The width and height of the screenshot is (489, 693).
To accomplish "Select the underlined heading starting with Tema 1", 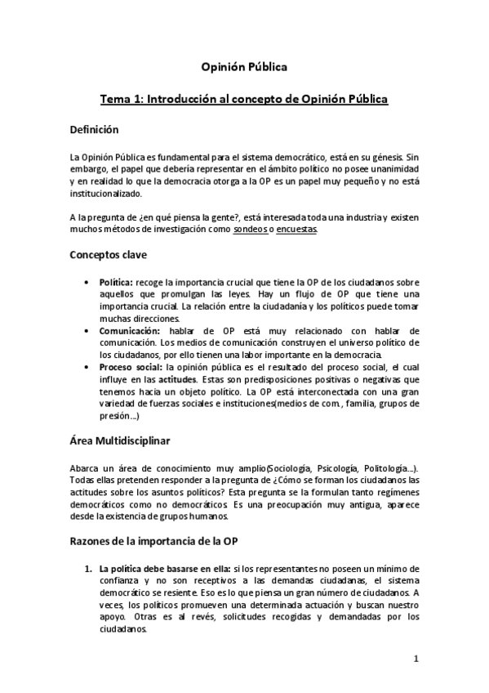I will pyautogui.click(x=243, y=99).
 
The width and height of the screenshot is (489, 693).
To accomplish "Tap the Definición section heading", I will pyautogui.click(x=95, y=130).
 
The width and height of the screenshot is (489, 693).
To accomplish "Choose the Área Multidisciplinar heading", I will pyautogui.click(x=119, y=441).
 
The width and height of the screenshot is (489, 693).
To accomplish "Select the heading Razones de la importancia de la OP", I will pyautogui.click(x=166, y=542).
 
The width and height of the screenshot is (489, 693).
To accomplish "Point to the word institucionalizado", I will pyautogui.click(x=106, y=193).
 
